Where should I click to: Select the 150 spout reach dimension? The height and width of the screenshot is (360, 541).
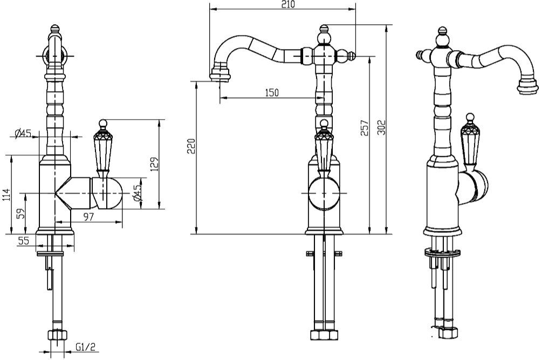(272, 93)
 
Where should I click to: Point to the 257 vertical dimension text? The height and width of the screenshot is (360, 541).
(364, 128)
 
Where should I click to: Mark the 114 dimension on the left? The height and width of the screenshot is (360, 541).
(6, 195)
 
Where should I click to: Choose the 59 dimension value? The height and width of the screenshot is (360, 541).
(20, 214)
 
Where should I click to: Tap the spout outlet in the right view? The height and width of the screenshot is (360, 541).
(527, 86)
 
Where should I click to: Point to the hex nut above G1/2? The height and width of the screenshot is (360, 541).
(56, 335)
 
